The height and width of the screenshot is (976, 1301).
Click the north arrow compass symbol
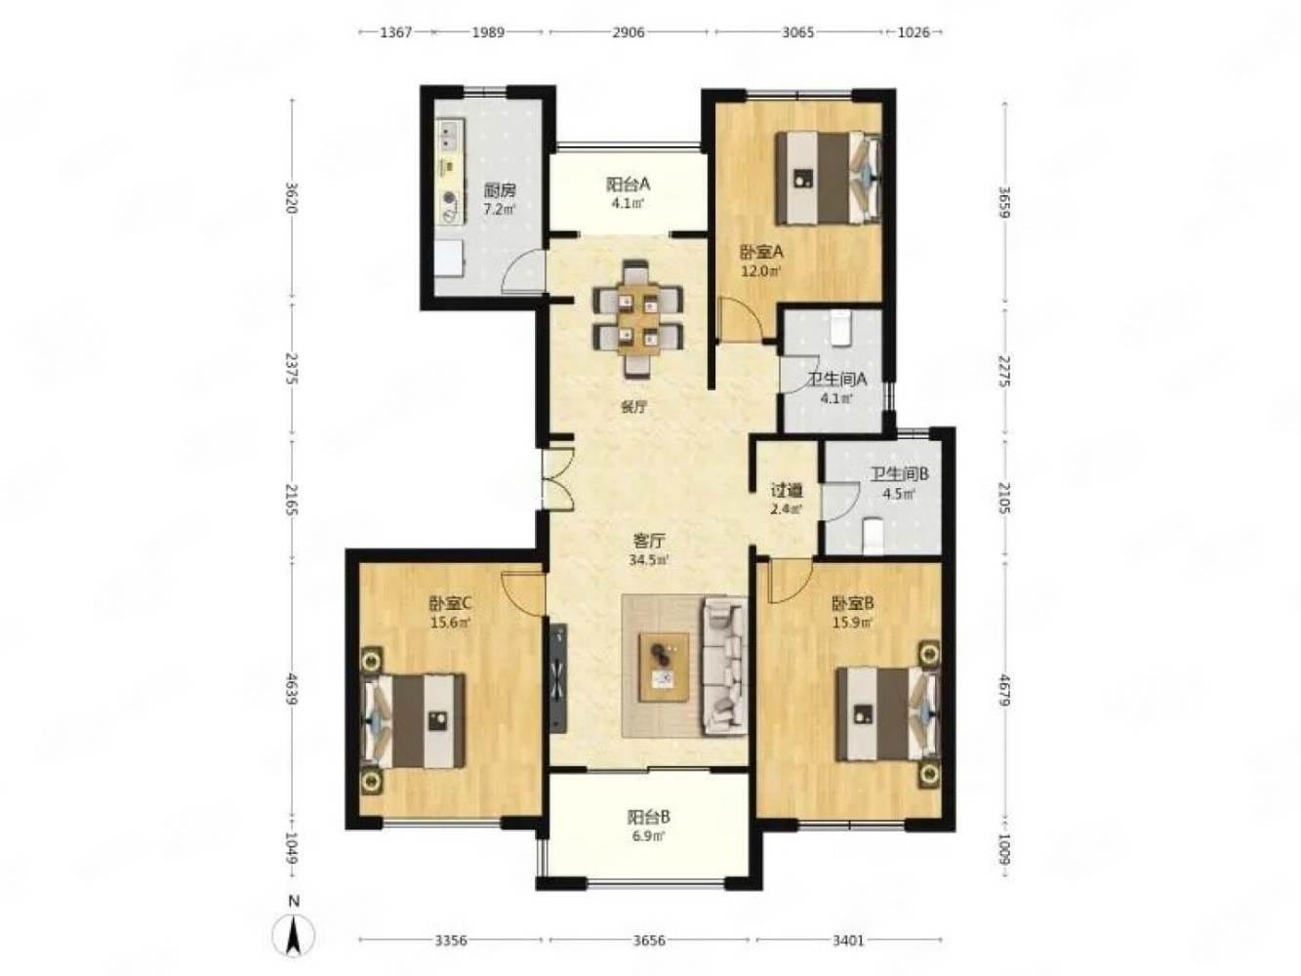pos(293,934)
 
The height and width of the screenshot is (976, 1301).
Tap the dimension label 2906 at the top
pos(628,32)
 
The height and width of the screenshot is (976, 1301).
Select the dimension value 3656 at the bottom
pos(649,940)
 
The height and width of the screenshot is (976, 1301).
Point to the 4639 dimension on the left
pos(292,688)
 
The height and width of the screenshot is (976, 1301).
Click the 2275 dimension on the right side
pos(1003,371)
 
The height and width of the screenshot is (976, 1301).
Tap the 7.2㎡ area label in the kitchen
pos(499,209)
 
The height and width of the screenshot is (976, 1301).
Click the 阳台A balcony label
pos(628,184)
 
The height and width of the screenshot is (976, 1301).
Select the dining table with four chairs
pos(637,319)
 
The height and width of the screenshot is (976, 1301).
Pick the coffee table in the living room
pos(664,668)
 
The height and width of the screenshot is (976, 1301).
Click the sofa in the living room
pos(724,667)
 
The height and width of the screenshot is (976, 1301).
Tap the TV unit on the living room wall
pos(557,678)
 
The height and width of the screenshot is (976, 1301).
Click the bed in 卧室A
pos(828,178)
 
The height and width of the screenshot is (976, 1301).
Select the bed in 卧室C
pos(413,720)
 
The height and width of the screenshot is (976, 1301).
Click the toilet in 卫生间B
pos(873,537)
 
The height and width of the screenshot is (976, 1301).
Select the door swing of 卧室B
pos(789,580)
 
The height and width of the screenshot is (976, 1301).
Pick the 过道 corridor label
pos(787,491)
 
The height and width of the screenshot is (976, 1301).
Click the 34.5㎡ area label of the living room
pos(649,559)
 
